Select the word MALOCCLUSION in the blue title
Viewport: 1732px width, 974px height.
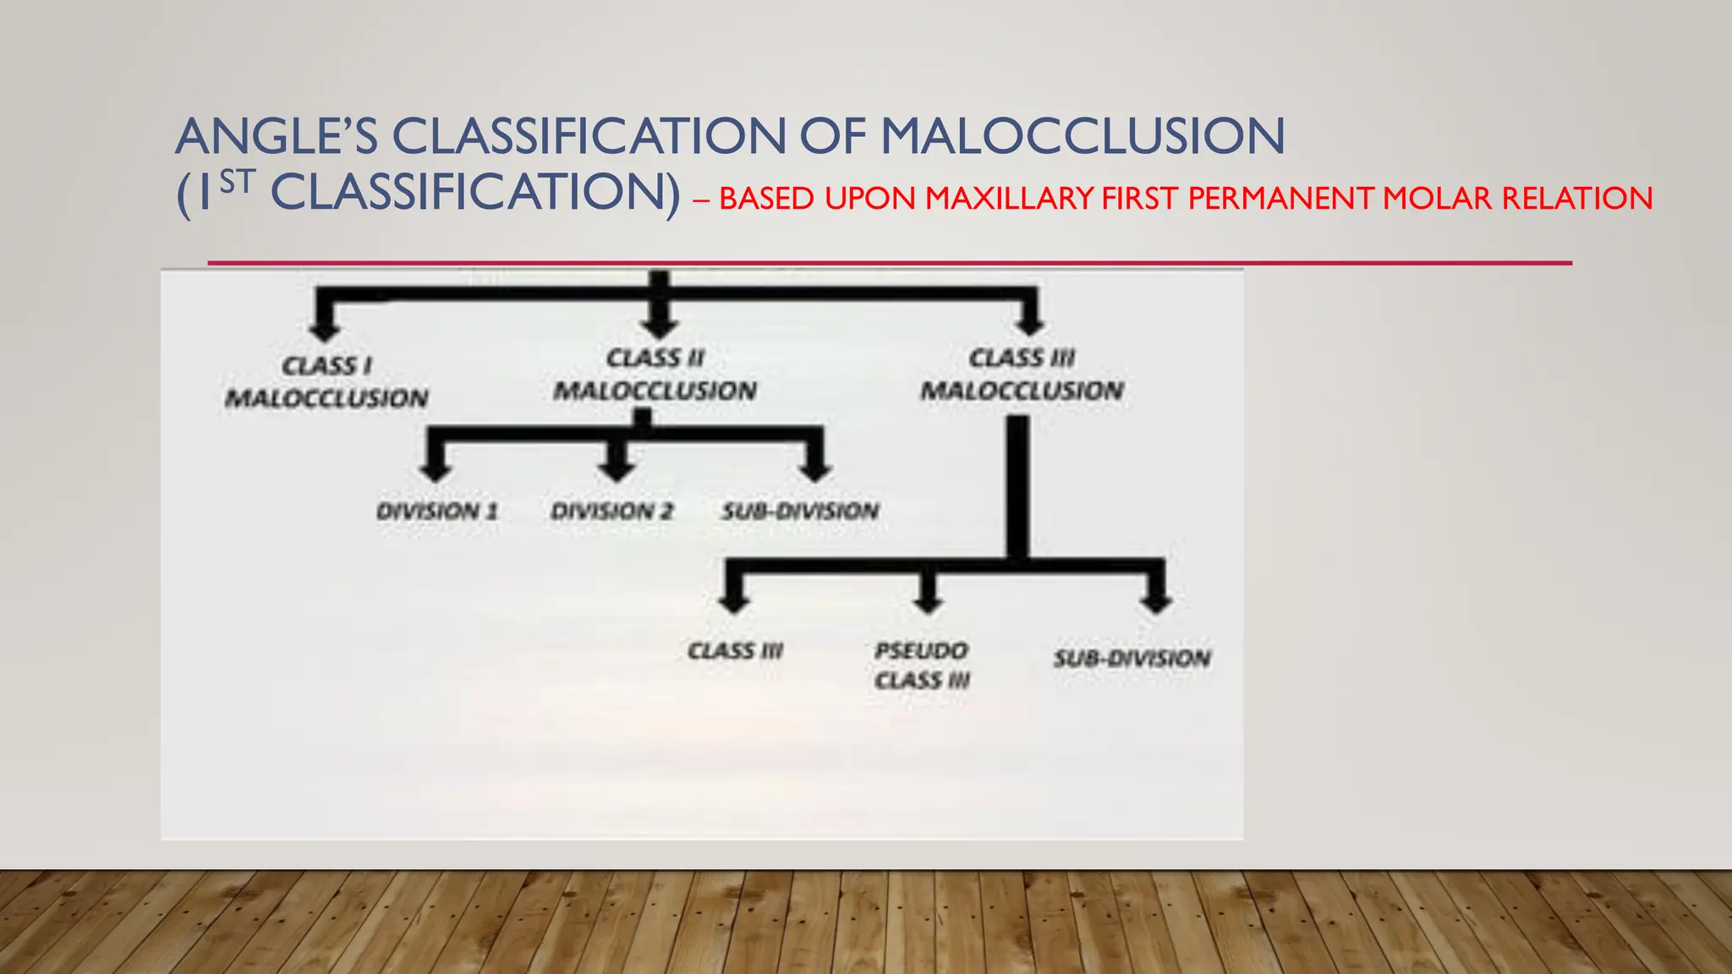click(x=1082, y=136)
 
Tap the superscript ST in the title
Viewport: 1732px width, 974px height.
click(x=237, y=183)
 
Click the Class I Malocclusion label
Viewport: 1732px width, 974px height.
click(x=326, y=382)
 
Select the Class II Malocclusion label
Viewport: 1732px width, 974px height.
click(x=655, y=375)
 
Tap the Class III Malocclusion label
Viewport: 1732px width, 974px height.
click(x=1022, y=375)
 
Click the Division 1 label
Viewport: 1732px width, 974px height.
click(x=437, y=512)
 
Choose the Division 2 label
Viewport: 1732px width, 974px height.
click(x=612, y=512)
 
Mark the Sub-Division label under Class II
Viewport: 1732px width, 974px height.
click(x=800, y=512)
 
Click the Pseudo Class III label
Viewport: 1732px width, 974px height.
click(x=922, y=665)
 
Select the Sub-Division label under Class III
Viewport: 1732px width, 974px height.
click(x=1132, y=659)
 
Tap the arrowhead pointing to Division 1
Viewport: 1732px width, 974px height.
click(x=436, y=472)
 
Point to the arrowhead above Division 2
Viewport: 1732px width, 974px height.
click(x=616, y=472)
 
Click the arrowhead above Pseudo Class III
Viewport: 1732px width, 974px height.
click(x=929, y=603)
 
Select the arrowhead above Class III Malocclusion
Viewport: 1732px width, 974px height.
click(x=1029, y=325)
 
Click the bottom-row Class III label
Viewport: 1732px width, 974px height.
click(x=735, y=651)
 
